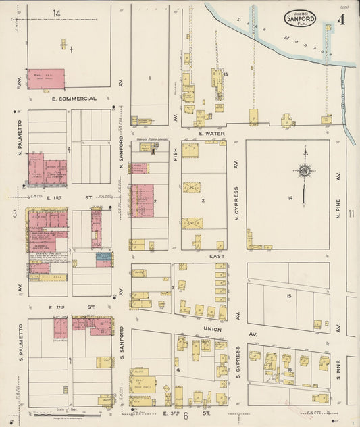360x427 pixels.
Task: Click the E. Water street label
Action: [x=211, y=134]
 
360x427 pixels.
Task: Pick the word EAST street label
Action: [x=216, y=257]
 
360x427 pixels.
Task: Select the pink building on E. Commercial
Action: [x=46, y=78]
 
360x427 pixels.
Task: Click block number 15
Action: [x=288, y=296]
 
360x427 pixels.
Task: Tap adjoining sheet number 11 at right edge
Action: [x=351, y=214]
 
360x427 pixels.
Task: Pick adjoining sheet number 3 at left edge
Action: [x=14, y=214]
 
